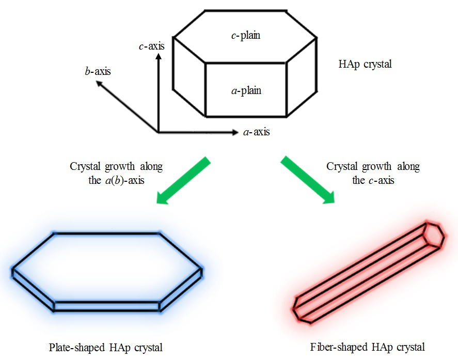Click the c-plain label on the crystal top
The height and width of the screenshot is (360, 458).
245,36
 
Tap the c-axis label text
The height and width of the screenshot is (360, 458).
152,46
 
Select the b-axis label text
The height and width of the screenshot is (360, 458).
98,71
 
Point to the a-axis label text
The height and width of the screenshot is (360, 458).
256,132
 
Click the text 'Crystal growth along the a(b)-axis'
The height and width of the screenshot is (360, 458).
116,174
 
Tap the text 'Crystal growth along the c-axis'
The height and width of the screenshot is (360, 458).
373,174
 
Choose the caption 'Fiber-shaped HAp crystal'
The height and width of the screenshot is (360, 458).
368,347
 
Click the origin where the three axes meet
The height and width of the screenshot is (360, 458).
158,132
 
